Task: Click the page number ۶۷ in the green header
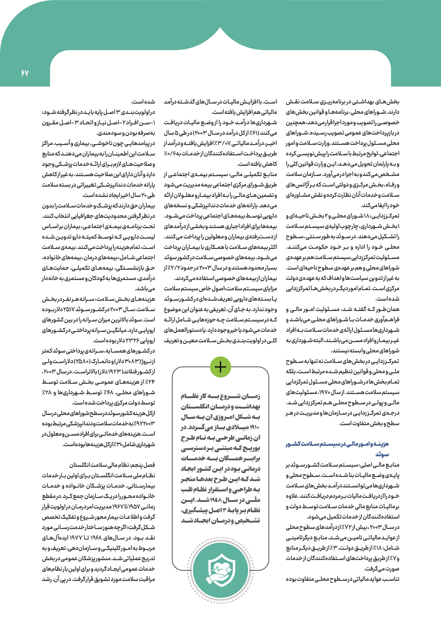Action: [x=24, y=73]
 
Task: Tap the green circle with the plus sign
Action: [x=220, y=367]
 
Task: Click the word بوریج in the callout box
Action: [x=253, y=448]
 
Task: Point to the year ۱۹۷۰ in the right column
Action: [x=324, y=392]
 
